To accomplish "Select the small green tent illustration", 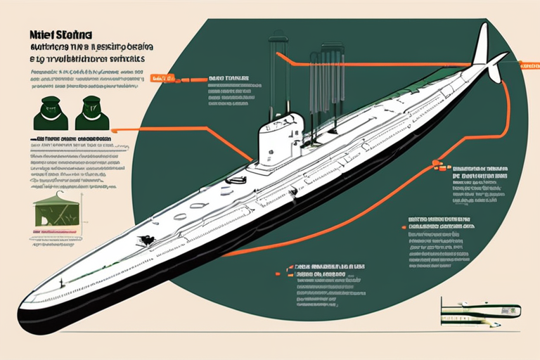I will tap(56, 211).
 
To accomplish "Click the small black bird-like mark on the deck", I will tap(147, 240).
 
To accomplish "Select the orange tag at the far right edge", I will tap(530, 65).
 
